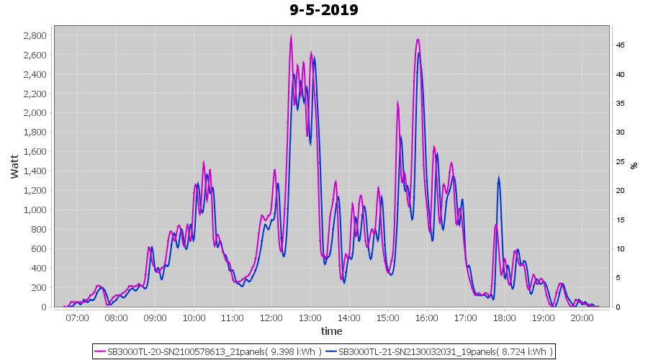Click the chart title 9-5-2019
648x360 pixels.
click(x=324, y=10)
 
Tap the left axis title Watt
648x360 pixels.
click(x=14, y=165)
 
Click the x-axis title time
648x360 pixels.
click(x=331, y=331)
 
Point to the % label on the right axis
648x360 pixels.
click(x=634, y=165)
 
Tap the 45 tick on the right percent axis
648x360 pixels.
click(x=620, y=45)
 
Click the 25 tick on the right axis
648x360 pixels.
click(x=620, y=162)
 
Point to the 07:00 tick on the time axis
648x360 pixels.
click(x=77, y=317)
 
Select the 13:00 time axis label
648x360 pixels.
click(x=310, y=317)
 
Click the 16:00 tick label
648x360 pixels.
click(x=427, y=317)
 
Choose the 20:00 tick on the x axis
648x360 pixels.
click(x=582, y=317)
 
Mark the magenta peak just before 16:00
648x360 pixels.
click(x=418, y=40)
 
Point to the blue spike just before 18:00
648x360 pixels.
click(x=498, y=178)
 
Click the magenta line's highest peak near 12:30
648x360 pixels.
click(x=291, y=35)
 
